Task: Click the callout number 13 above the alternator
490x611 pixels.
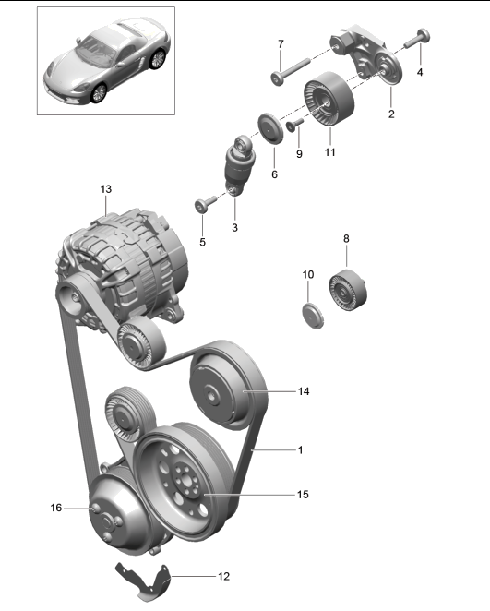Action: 105,189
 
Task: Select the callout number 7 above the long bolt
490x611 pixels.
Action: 281,43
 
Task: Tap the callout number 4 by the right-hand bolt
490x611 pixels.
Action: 421,70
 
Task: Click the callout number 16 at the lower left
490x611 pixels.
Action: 55,507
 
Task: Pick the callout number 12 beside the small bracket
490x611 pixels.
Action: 222,576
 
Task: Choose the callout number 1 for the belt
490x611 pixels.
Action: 300,449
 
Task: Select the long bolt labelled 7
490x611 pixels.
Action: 281,71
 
